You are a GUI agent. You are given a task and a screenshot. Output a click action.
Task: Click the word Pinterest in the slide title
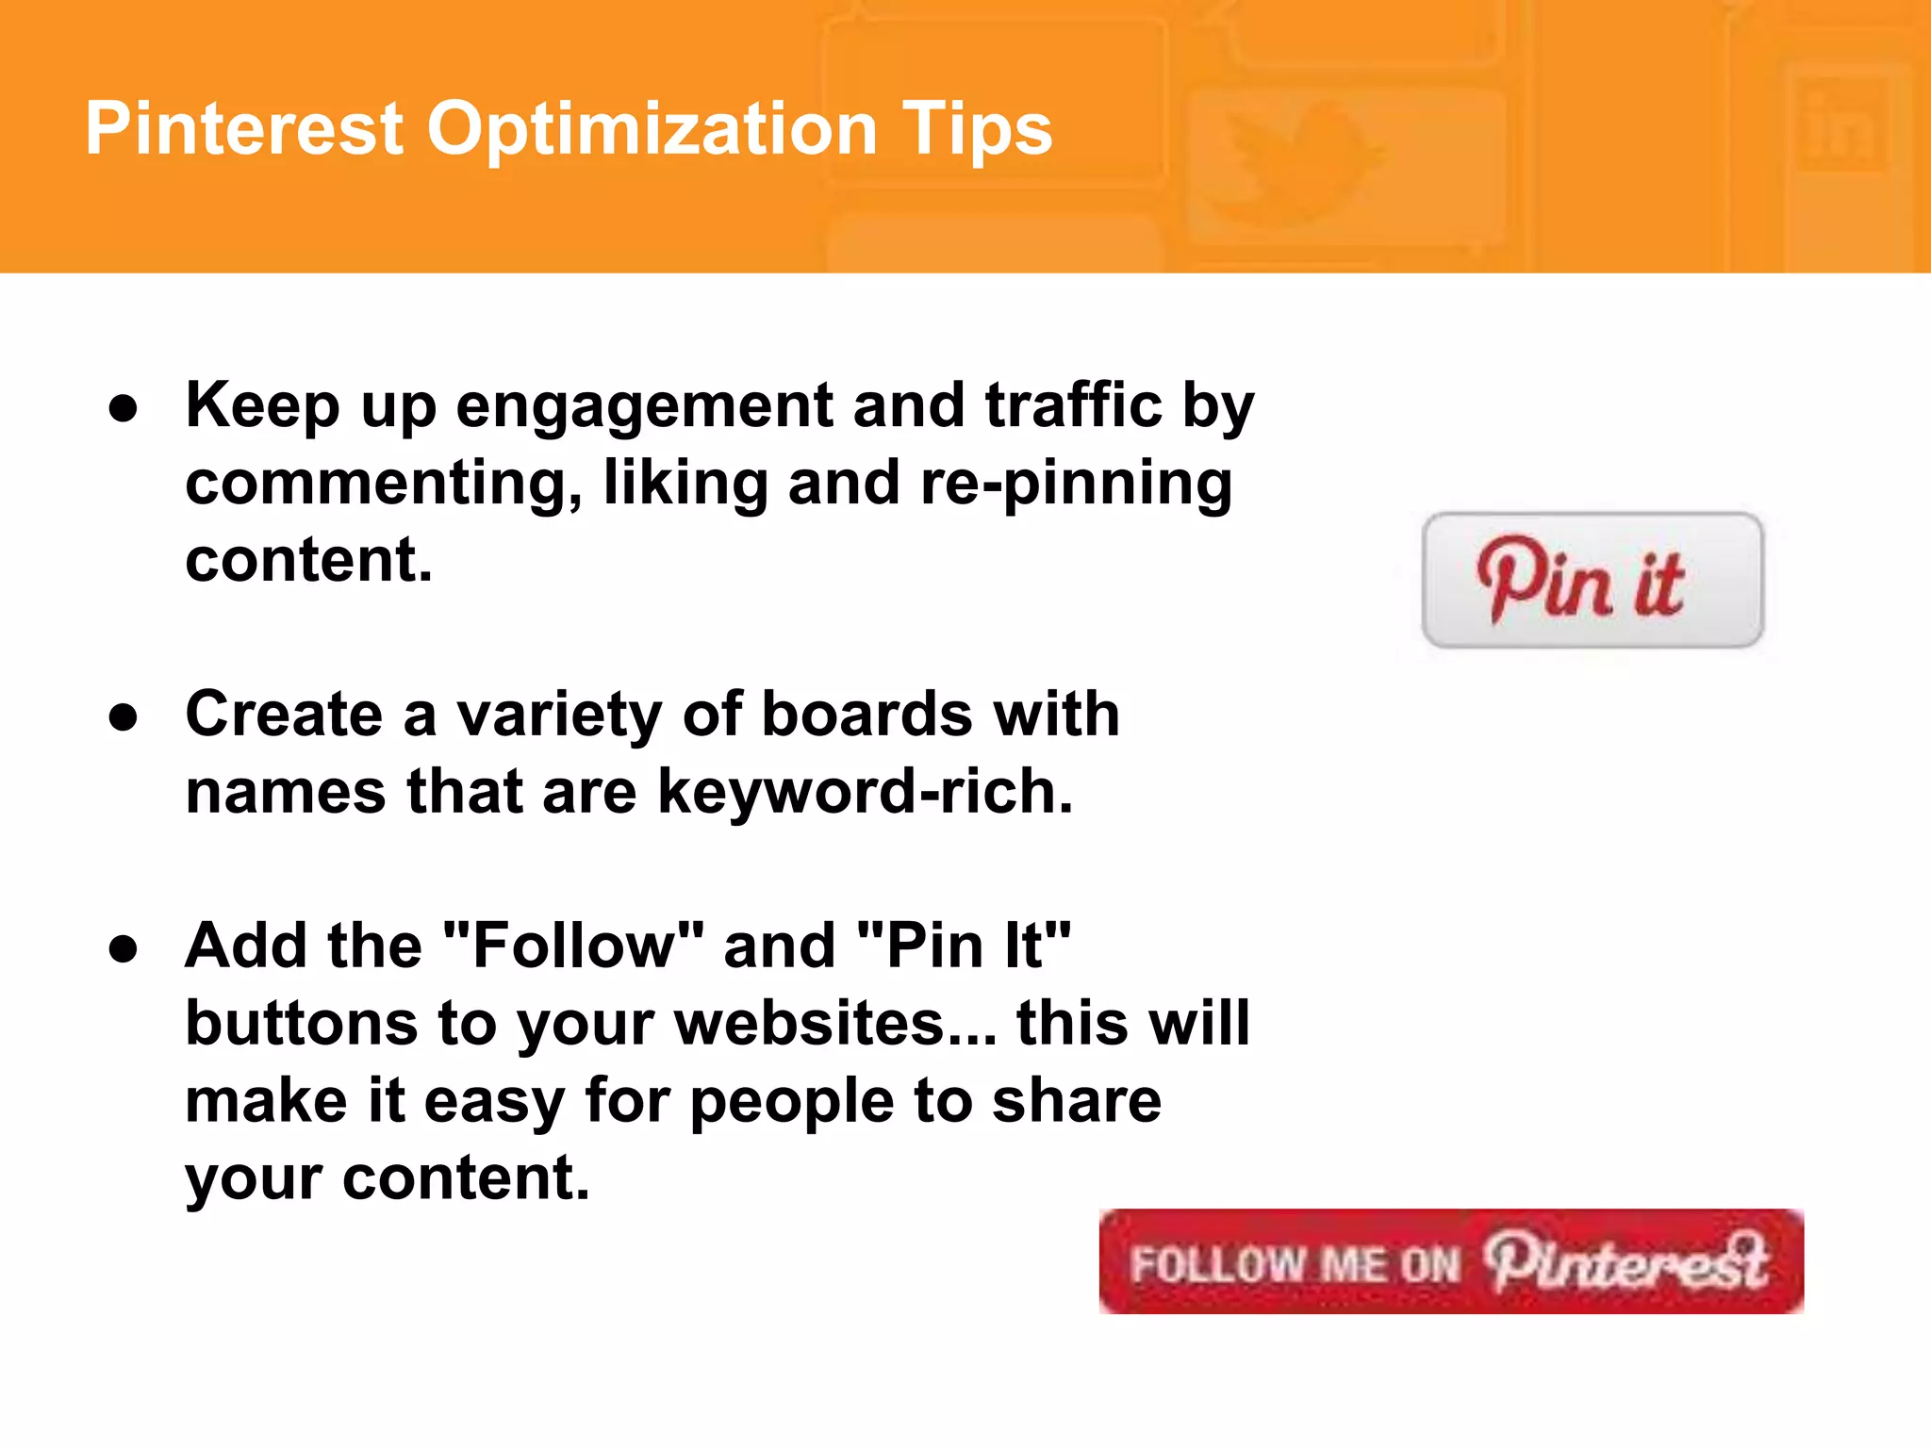point(244,129)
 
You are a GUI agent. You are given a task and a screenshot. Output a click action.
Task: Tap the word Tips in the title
point(976,129)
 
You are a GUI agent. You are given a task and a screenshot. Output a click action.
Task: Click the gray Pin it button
point(1592,580)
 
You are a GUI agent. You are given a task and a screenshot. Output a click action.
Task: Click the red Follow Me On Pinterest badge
point(1450,1261)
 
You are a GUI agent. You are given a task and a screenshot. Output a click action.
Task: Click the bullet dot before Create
point(124,717)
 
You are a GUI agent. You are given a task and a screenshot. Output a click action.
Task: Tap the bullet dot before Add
point(124,949)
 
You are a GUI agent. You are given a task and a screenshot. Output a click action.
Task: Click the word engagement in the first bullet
point(644,406)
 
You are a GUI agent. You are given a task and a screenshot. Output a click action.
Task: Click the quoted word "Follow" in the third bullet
point(573,946)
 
